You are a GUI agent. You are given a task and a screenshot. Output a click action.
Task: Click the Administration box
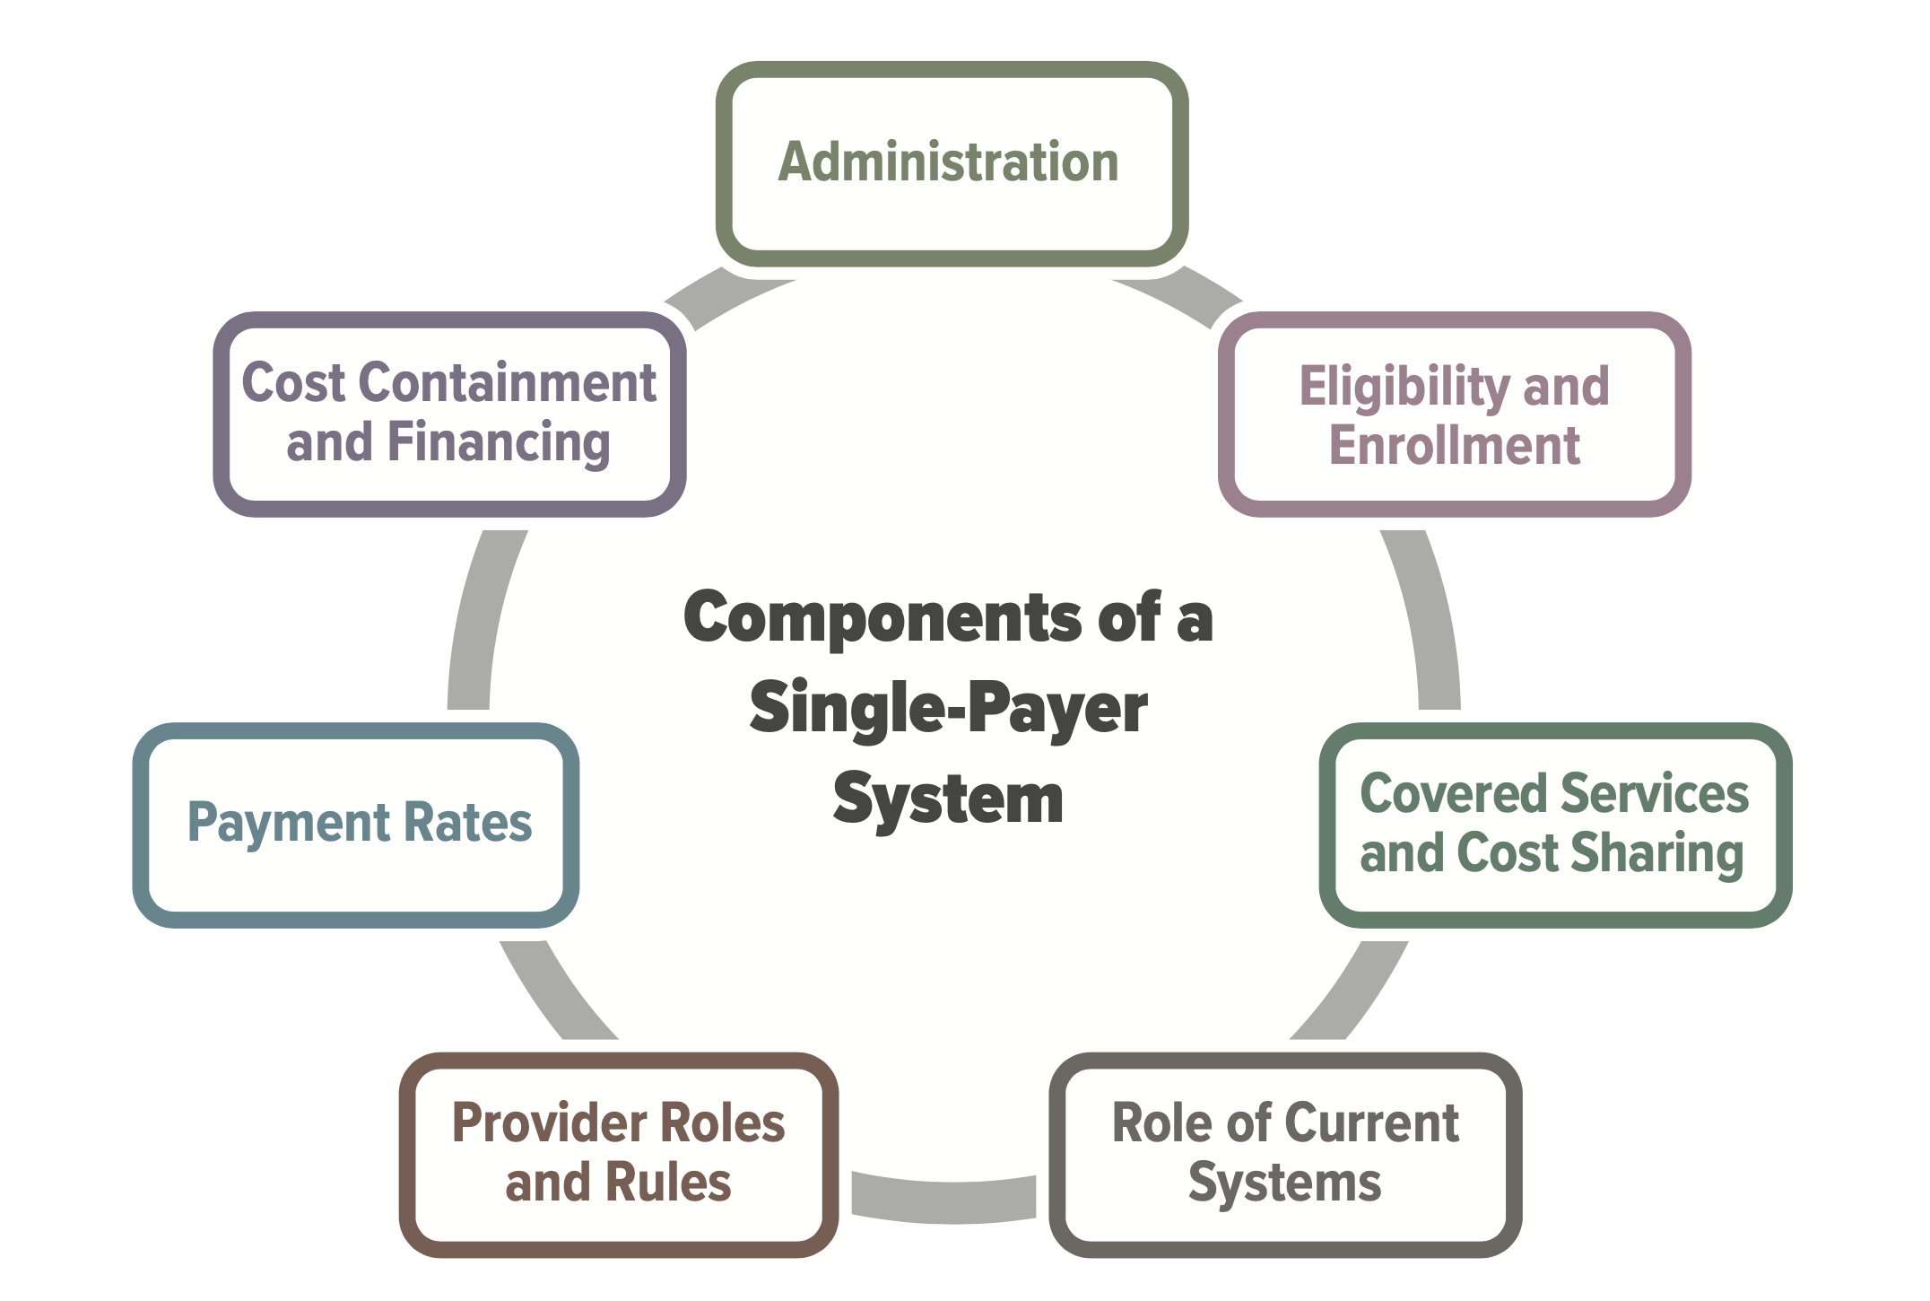click(952, 163)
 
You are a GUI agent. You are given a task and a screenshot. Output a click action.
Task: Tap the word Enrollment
click(1454, 446)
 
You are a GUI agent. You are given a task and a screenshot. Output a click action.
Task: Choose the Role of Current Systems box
click(1284, 1154)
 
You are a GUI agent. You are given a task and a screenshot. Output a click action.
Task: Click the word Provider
click(540, 1123)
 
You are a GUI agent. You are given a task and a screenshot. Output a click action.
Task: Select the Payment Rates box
click(357, 824)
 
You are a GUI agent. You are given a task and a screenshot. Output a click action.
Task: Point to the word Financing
click(499, 443)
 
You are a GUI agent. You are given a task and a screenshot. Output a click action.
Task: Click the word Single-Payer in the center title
click(948, 709)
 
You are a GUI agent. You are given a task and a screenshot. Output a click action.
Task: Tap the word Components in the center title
click(883, 618)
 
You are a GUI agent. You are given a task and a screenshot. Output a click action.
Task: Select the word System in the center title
click(948, 799)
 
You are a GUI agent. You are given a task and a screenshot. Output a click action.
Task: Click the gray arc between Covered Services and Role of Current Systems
click(1349, 992)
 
